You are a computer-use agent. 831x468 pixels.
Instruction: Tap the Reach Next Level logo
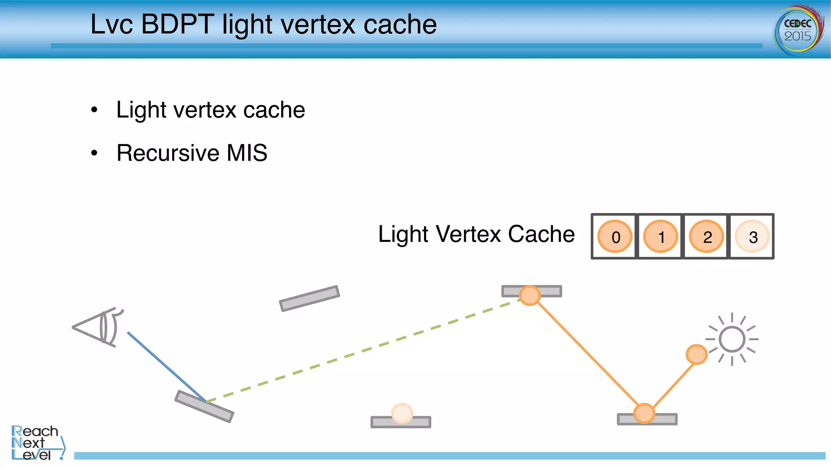37,443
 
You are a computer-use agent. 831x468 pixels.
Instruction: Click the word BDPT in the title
177,24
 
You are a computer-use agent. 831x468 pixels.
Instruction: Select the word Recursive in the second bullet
168,153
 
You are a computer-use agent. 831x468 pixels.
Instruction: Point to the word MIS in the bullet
247,153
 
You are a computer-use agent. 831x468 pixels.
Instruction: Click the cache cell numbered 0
615,236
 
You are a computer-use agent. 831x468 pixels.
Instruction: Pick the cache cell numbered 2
706,236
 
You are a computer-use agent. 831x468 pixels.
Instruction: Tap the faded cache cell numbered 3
752,236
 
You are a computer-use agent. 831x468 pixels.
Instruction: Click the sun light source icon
732,339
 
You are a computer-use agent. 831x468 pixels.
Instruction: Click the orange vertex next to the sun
696,354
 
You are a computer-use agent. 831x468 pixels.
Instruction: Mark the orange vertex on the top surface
530,295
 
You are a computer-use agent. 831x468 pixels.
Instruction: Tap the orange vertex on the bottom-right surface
644,414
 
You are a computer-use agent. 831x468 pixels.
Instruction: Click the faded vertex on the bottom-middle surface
402,413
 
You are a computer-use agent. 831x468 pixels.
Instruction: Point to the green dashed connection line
361,350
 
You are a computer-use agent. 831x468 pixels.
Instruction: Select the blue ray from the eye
166,367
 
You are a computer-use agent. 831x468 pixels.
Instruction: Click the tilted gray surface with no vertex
310,298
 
